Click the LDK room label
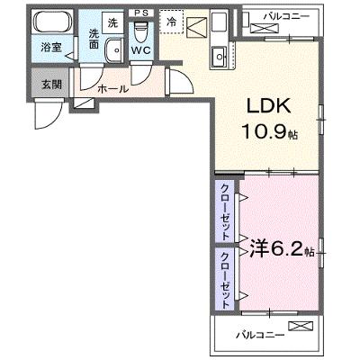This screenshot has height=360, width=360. [x=268, y=105]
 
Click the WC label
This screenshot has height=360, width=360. [x=141, y=50]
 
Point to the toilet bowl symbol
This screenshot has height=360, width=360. [x=141, y=32]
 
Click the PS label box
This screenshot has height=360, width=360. [x=141, y=13]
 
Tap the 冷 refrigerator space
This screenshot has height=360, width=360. [x=171, y=22]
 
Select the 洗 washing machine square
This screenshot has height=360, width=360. [x=112, y=22]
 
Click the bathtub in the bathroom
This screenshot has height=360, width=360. [x=53, y=22]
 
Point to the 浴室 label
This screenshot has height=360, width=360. [x=51, y=48]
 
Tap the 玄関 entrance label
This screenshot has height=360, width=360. [x=51, y=85]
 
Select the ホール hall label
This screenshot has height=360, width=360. [x=113, y=88]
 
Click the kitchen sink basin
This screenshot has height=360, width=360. [x=220, y=57]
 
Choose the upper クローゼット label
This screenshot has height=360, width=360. [x=225, y=212]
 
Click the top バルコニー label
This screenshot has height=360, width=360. [x=286, y=17]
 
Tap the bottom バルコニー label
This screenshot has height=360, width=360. [x=259, y=335]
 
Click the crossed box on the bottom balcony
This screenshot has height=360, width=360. [x=301, y=326]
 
